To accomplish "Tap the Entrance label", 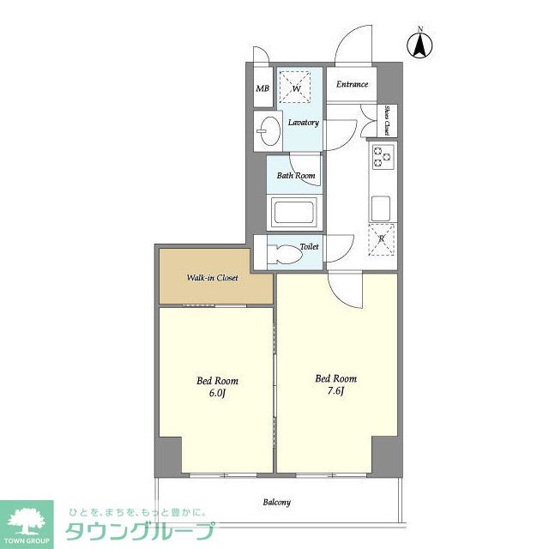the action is tap(352, 84).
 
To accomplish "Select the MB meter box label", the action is tap(262, 88).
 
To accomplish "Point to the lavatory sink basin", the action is tap(270, 130).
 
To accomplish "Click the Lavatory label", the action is tap(304, 123).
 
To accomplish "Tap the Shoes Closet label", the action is tap(387, 120).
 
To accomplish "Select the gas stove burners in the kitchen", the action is tap(383, 157).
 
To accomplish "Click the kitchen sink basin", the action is tap(381, 208).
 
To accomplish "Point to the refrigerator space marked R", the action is tap(382, 239).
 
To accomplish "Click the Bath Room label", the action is tap(296, 175).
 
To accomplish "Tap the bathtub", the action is tap(293, 212).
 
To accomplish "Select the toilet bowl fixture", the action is tap(284, 254).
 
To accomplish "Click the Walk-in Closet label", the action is tap(212, 278).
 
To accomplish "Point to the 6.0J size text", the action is tap(217, 393).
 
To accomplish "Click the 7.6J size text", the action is tap(336, 391).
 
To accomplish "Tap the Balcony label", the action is tap(276, 503).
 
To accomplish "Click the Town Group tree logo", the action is tap(27, 522).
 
